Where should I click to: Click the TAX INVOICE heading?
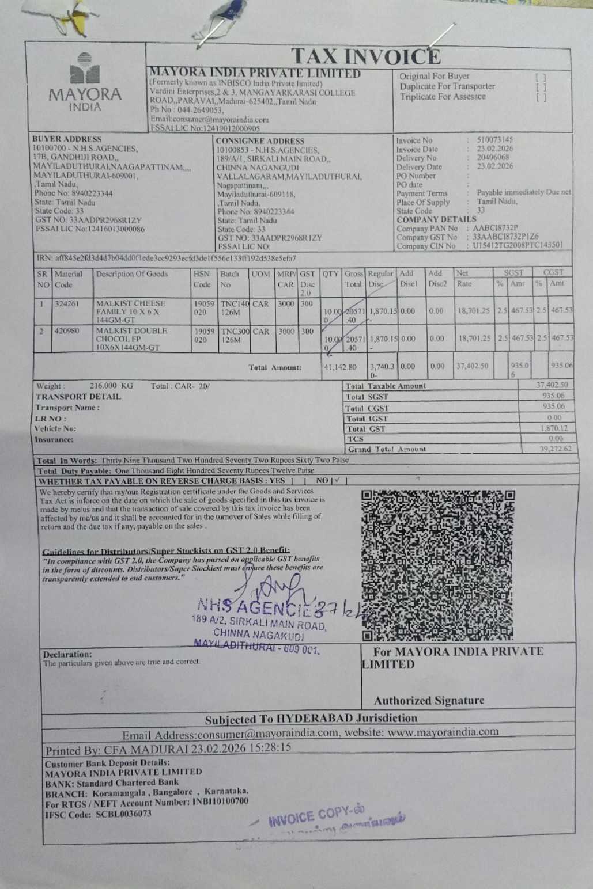click(366, 56)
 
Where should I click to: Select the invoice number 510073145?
click(494, 140)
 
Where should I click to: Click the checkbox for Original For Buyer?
click(540, 77)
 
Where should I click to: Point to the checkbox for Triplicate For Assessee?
click(540, 97)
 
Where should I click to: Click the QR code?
click(437, 565)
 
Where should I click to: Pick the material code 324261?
click(67, 303)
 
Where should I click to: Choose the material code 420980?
click(67, 331)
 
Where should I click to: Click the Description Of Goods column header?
click(132, 274)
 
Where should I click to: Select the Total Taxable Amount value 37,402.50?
click(552, 385)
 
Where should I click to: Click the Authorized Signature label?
click(429, 701)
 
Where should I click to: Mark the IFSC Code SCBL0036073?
click(123, 814)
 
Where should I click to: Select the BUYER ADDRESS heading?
click(67, 139)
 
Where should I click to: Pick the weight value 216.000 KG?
click(111, 386)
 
